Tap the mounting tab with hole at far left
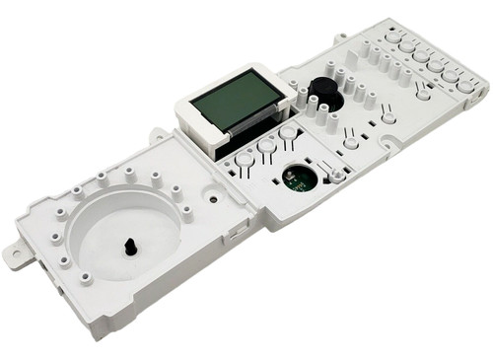[16, 255]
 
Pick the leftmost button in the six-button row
[393, 36]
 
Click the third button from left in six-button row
[421, 55]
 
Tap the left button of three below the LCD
[244, 157]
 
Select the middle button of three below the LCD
[266, 145]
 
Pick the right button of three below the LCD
[288, 132]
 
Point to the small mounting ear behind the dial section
[157, 133]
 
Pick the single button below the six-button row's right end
[423, 94]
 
